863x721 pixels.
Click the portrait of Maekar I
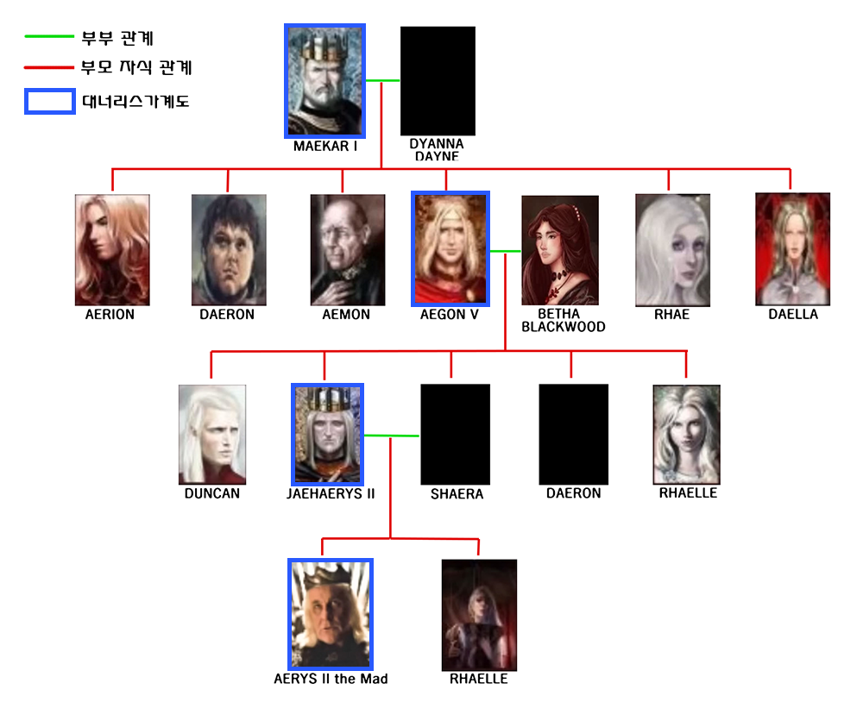tap(324, 80)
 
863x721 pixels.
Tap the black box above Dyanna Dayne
tap(438, 80)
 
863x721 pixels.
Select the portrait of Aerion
tap(112, 249)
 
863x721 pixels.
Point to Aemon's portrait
tap(348, 249)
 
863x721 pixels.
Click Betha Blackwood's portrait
tap(560, 250)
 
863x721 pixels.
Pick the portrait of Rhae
tap(672, 249)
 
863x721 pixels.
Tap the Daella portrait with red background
tap(792, 248)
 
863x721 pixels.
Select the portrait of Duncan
tap(212, 435)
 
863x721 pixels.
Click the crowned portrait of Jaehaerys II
tap(328, 435)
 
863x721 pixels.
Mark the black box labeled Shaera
tap(455, 435)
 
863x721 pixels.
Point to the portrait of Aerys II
tap(330, 614)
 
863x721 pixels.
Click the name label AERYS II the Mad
tap(331, 679)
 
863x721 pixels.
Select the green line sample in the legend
tap(49, 37)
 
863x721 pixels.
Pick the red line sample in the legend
tap(49, 66)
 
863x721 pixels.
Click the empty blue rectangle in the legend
tap(49, 101)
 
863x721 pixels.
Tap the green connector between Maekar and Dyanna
tap(383, 81)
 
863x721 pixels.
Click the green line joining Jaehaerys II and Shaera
tap(392, 436)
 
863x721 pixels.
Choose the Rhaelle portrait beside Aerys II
tap(479, 614)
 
